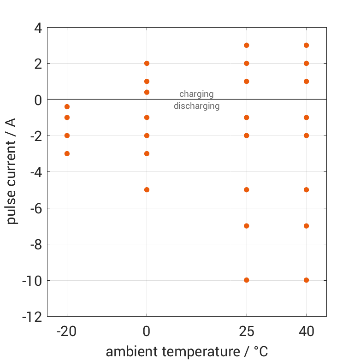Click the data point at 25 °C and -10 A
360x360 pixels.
coord(247,280)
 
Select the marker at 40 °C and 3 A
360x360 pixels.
coord(306,45)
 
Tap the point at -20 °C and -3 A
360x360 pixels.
coord(67,153)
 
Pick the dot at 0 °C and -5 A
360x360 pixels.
coord(147,189)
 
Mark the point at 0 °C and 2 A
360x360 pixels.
coord(147,63)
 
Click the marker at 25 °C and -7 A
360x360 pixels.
coord(247,226)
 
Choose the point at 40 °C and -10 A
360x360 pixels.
coord(306,280)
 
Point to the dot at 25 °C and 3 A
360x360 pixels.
coord(247,45)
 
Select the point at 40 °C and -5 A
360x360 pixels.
coord(306,189)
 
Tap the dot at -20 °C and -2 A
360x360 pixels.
coord(67,136)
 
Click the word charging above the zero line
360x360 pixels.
coord(196,94)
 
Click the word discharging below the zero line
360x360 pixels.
coord(196,106)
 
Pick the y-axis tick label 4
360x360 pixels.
coord(38,28)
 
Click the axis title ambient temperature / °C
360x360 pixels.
coord(187,352)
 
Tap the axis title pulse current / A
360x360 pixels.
coord(12,172)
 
